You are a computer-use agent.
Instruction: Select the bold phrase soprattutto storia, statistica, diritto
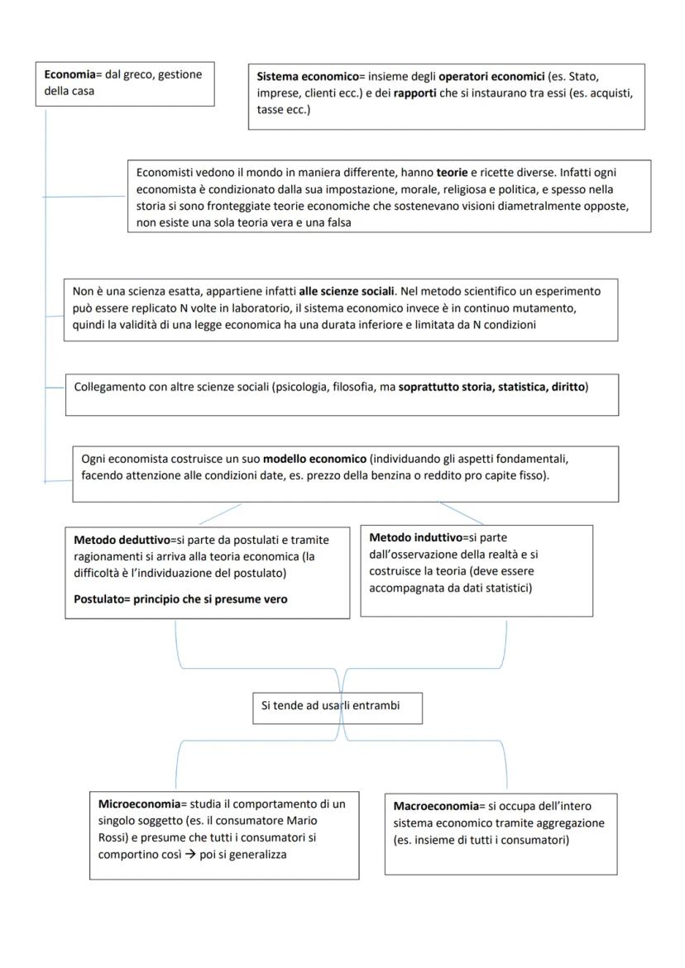coord(492,386)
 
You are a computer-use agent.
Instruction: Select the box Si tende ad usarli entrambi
coord(338,708)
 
